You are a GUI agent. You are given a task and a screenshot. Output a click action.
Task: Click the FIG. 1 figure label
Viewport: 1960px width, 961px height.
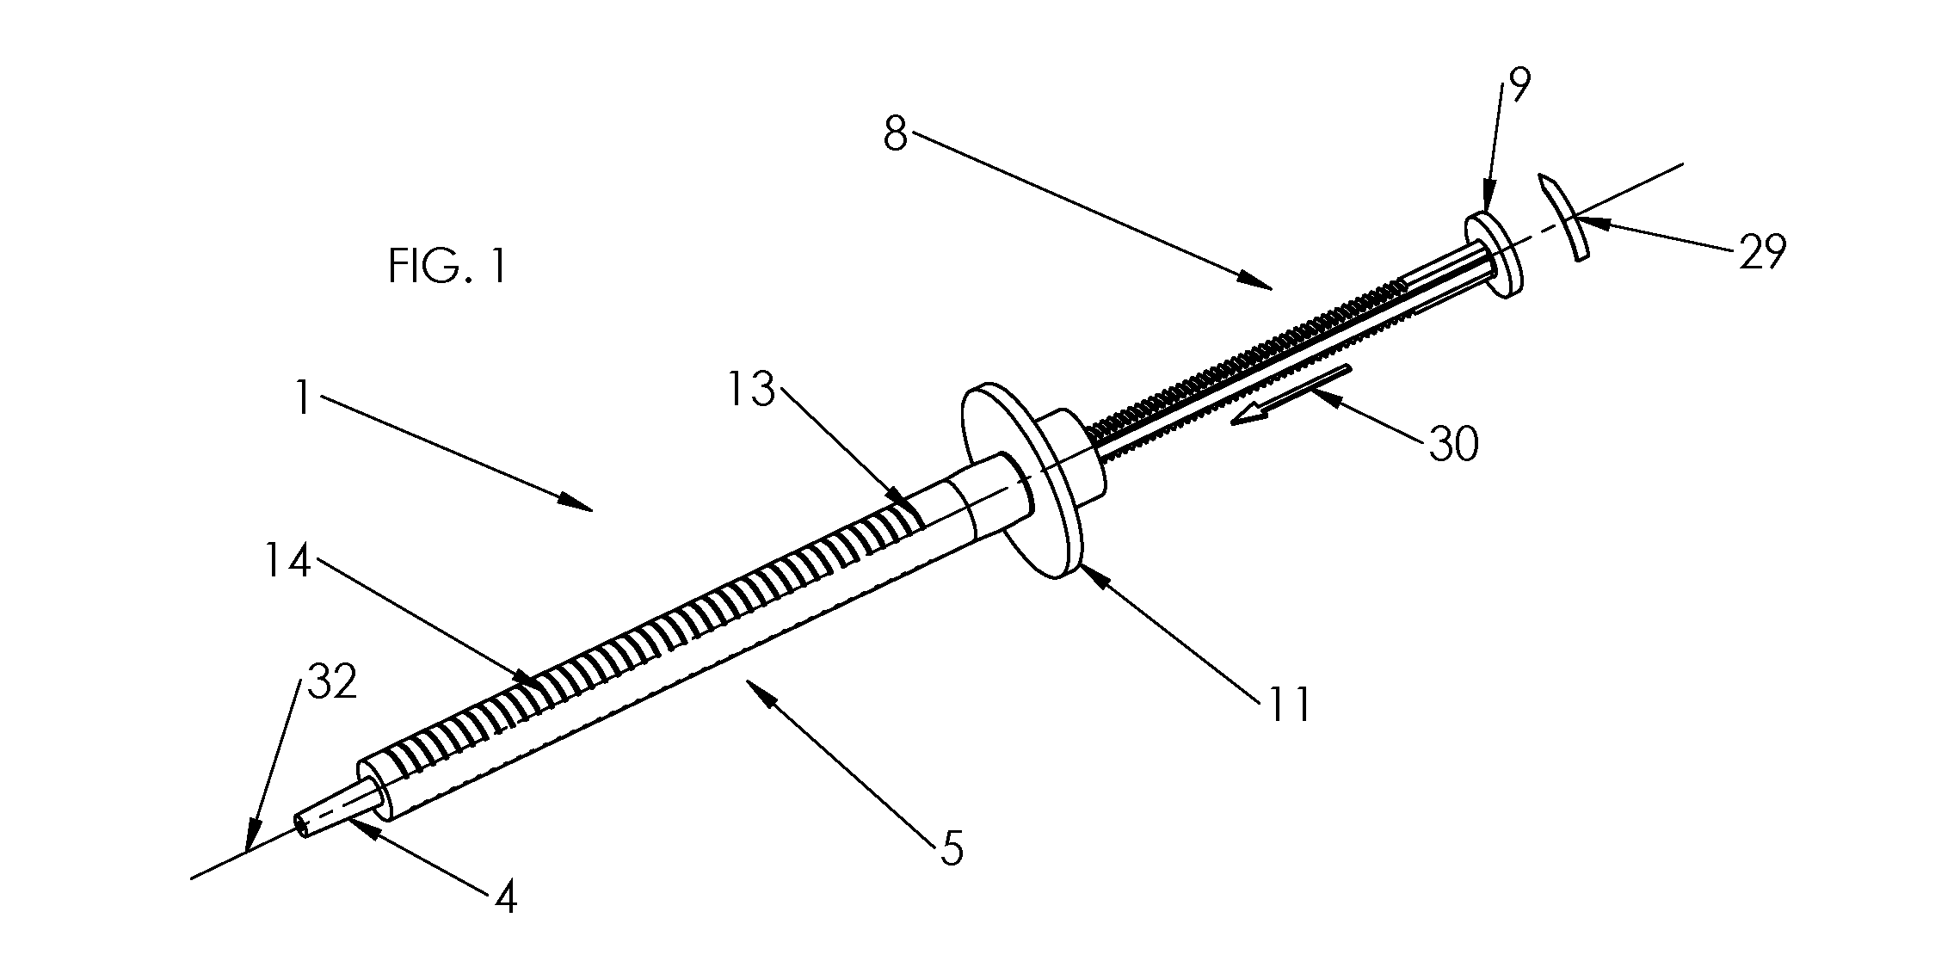[447, 266]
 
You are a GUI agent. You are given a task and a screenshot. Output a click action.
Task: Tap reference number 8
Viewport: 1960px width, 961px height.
[896, 135]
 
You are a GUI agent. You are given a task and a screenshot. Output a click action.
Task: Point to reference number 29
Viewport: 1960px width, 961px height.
[1762, 252]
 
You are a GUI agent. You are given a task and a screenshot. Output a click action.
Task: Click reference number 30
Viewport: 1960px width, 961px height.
[1454, 444]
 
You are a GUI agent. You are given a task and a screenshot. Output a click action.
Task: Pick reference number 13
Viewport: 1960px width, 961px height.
[750, 391]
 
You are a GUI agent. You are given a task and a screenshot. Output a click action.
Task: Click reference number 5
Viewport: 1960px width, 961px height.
[951, 847]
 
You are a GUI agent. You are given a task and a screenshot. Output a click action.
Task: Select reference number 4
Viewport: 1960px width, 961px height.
[506, 899]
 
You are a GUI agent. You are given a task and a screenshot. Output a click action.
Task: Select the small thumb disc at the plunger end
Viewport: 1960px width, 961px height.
[1494, 256]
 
